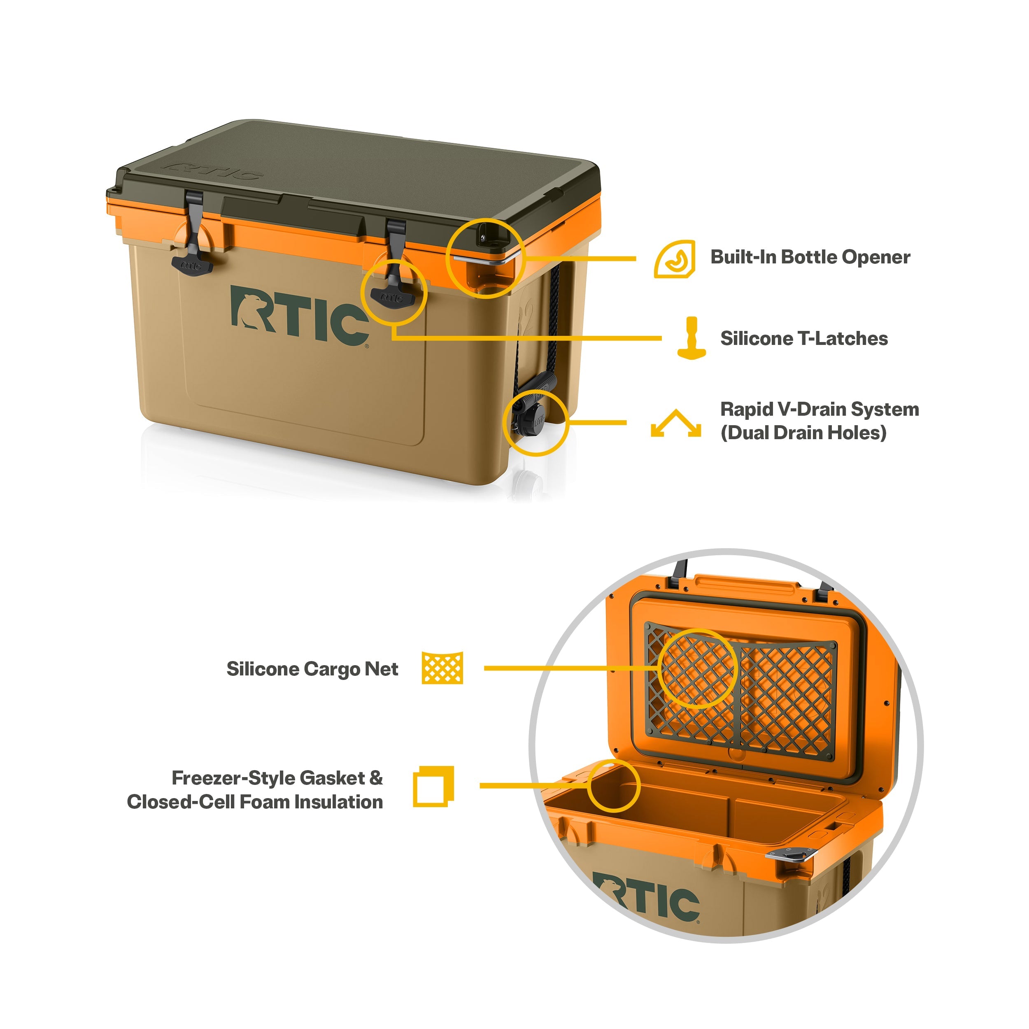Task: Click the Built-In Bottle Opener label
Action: point(810,257)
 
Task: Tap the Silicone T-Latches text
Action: point(804,339)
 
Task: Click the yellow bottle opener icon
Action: point(675,259)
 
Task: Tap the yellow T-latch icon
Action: point(691,338)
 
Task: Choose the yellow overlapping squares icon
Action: point(433,786)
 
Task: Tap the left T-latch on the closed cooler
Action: point(193,234)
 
